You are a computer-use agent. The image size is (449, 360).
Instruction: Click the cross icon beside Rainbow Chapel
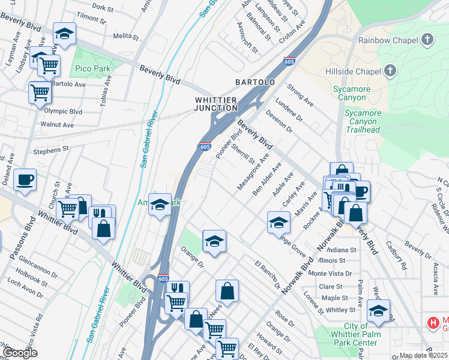pyautogui.click(x=427, y=40)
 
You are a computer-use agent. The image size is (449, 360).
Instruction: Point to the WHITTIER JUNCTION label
pyautogui.click(x=216, y=103)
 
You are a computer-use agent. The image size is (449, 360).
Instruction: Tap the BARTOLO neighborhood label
pyautogui.click(x=255, y=82)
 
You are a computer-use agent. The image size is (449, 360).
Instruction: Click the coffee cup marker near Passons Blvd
pyautogui.click(x=25, y=180)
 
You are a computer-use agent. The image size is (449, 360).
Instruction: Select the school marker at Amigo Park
pyautogui.click(x=160, y=204)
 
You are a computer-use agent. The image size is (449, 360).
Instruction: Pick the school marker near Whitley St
pyautogui.click(x=378, y=311)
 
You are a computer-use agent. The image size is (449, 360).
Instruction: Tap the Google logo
pyautogui.click(x=20, y=353)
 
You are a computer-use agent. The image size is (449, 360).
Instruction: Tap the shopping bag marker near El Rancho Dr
pyautogui.click(x=227, y=292)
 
